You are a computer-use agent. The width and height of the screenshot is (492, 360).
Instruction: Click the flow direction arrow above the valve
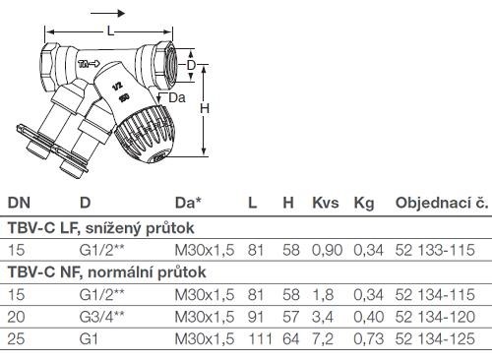(x=107, y=14)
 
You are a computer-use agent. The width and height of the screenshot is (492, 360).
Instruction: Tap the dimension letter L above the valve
(x=110, y=31)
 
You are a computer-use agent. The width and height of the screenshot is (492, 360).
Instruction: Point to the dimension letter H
(x=205, y=108)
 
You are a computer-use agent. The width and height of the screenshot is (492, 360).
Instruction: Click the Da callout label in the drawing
(x=177, y=97)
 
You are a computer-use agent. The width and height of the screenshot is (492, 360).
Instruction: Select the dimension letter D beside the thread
(x=191, y=66)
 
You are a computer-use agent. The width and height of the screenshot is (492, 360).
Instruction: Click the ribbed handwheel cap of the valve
(x=145, y=134)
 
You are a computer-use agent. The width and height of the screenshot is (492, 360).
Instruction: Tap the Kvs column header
(x=326, y=203)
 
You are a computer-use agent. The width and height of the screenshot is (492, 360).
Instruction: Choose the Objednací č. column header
(x=442, y=203)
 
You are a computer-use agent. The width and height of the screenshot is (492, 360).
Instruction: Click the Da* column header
(x=188, y=203)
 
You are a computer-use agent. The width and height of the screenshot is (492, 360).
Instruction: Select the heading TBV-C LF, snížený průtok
(x=101, y=228)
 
